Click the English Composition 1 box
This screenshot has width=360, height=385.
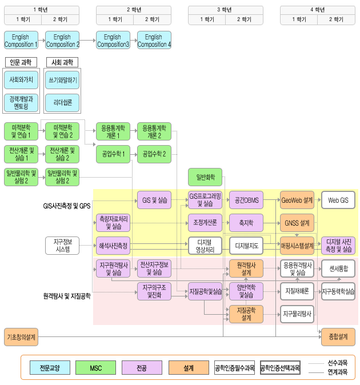[21, 41]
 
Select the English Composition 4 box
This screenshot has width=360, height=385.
[154, 41]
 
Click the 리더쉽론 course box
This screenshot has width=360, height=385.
[62, 102]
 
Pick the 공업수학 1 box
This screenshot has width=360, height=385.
[113, 154]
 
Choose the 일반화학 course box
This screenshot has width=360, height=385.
[205, 177]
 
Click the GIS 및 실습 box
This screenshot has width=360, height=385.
[154, 200]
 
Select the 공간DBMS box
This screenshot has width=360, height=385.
[246, 200]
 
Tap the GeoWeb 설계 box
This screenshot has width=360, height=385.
[297, 200]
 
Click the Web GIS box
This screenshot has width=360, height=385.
[338, 200]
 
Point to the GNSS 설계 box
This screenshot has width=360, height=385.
[297, 223]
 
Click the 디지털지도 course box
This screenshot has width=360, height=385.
[246, 246]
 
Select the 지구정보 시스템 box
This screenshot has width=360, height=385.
[62, 246]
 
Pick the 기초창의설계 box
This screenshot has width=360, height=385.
[21, 337]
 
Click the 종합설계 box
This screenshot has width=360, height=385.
[335, 337]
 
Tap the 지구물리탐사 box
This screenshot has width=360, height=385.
[297, 314]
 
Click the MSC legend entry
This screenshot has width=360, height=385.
[95, 368]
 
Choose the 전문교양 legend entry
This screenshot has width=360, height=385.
[49, 368]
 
